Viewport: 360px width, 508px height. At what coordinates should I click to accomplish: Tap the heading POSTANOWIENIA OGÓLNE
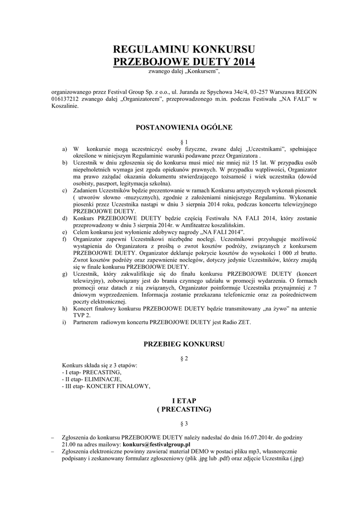pyautogui.click(x=184, y=127)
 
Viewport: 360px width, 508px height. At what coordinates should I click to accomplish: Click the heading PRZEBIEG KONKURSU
pyautogui.click(x=184, y=343)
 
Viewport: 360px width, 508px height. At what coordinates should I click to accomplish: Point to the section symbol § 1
pyautogui.click(x=184, y=141)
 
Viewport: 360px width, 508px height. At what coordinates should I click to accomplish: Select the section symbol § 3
pyautogui.click(x=184, y=424)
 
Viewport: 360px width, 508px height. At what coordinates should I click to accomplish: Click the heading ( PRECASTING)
pyautogui.click(x=184, y=409)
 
